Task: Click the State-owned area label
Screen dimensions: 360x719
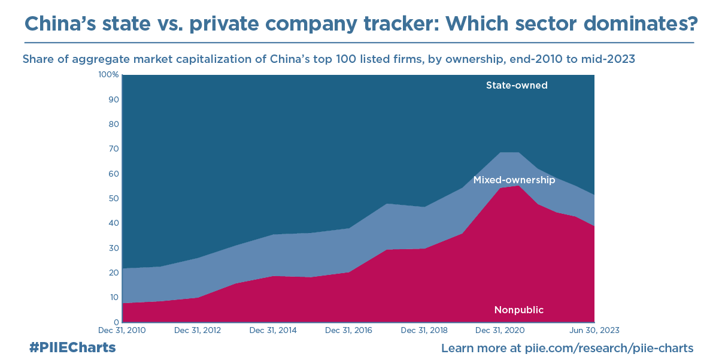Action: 517,85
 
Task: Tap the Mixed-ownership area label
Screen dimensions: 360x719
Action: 514,180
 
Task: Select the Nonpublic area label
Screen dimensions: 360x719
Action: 518,310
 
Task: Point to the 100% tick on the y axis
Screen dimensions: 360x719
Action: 109,75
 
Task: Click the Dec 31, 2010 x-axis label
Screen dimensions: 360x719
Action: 121,330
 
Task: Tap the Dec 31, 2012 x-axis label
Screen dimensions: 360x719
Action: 196,330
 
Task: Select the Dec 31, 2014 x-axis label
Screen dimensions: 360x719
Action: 272,330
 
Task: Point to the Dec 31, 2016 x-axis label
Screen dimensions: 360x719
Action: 348,330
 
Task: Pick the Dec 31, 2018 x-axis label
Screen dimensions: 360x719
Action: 424,330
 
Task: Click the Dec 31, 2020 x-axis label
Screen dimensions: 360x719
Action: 500,330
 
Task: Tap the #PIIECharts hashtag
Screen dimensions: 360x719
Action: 72,347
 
